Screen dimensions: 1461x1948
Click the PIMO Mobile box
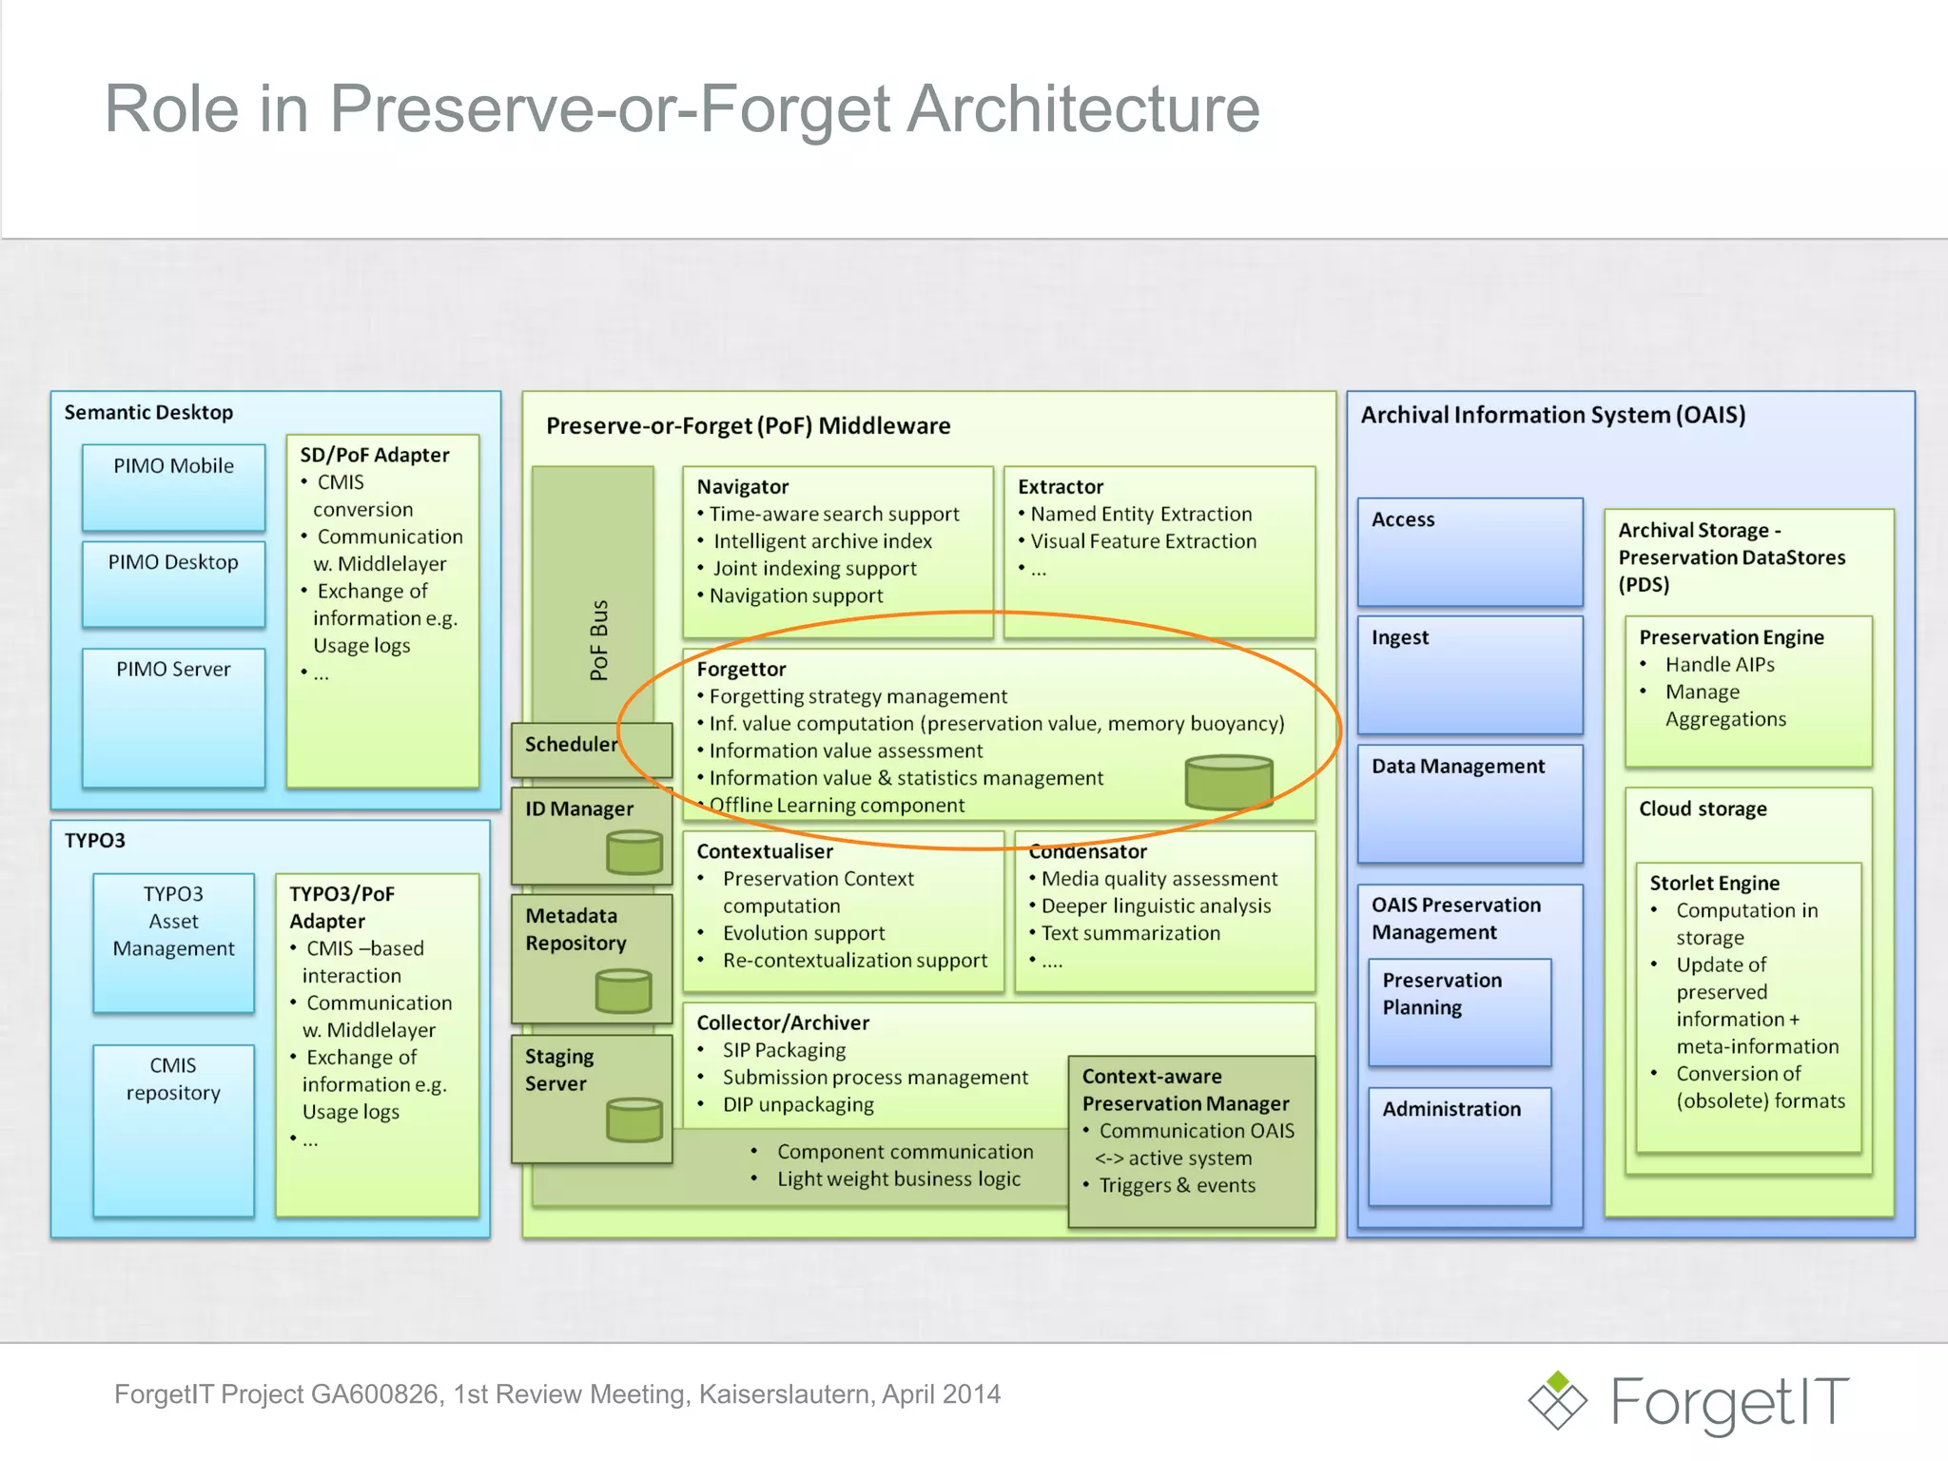pyautogui.click(x=173, y=486)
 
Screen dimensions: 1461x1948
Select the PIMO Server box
pyautogui.click(x=173, y=717)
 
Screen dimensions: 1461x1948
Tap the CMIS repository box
pyautogui.click(x=173, y=1129)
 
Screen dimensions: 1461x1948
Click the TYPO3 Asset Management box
pyautogui.click(x=173, y=942)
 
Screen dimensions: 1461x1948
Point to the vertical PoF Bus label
pyautogui.click(x=598, y=639)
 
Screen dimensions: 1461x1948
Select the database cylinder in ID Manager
pyautogui.click(x=634, y=852)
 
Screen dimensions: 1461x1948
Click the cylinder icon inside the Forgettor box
pyautogui.click(x=1228, y=782)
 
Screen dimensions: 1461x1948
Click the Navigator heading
pyautogui.click(x=742, y=487)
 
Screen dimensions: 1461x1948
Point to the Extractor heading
pyautogui.click(x=1060, y=487)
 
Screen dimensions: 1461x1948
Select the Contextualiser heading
pyautogui.click(x=764, y=851)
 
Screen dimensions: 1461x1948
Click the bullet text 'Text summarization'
pyautogui.click(x=1130, y=933)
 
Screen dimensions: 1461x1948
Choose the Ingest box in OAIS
pyautogui.click(x=1470, y=674)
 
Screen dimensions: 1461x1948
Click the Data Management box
pyautogui.click(x=1470, y=803)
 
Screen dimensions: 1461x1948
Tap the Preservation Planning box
pyautogui.click(x=1459, y=1011)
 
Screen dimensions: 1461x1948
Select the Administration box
pyautogui.click(x=1459, y=1145)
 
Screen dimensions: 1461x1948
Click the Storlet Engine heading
pyautogui.click(x=1714, y=883)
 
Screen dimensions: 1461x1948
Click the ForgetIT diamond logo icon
pyautogui.click(x=1557, y=1400)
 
